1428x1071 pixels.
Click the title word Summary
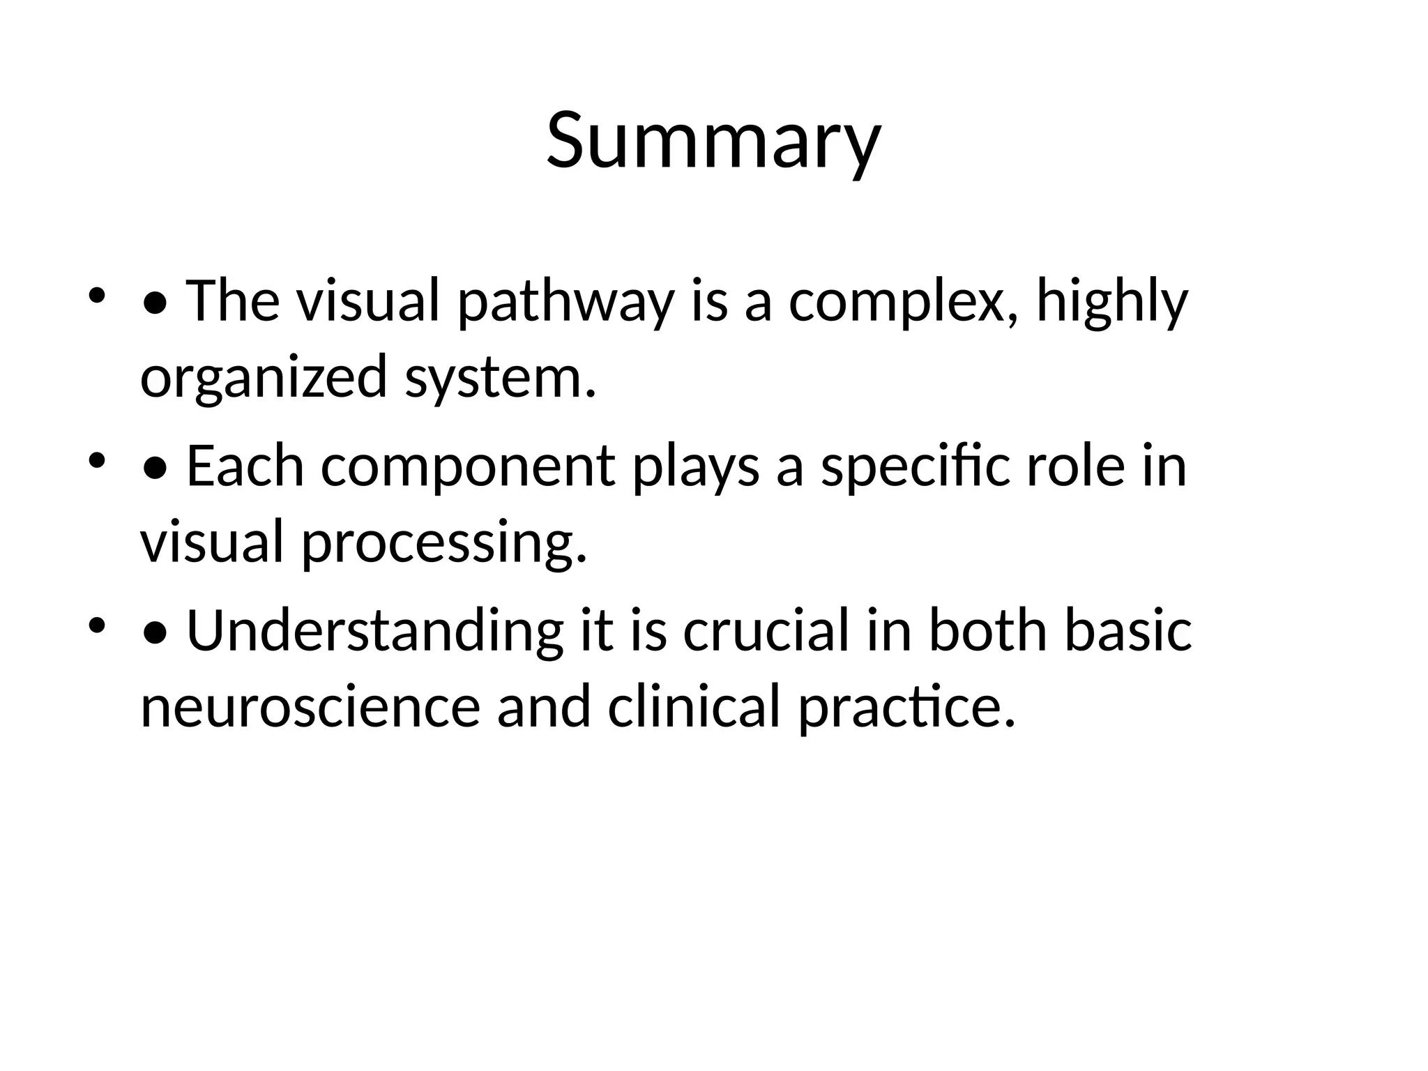(713, 141)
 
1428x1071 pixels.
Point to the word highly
(1112, 303)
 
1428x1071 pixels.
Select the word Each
(245, 466)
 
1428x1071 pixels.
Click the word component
(468, 466)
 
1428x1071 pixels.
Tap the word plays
(696, 466)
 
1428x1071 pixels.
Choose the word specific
(915, 466)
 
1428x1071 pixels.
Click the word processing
(444, 543)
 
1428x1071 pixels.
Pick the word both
(988, 631)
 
